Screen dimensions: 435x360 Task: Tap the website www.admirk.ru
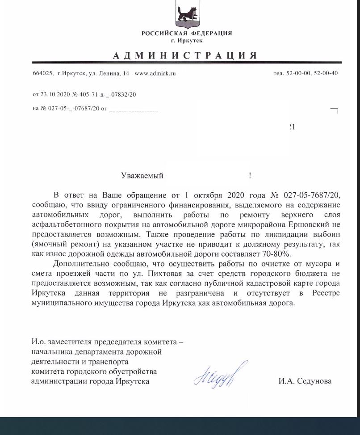coord(155,73)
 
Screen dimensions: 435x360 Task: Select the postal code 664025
coord(43,73)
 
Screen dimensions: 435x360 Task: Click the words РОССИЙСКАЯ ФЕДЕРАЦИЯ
coord(186,34)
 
